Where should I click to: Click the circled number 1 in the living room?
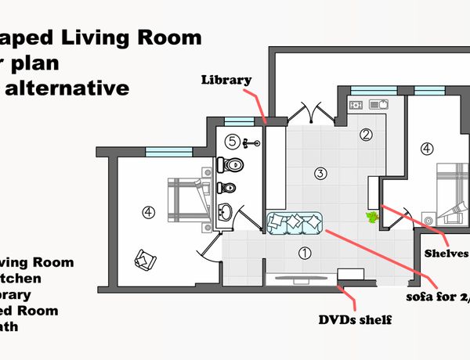[305, 253]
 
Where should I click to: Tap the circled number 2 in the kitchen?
[366, 134]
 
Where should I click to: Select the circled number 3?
[320, 173]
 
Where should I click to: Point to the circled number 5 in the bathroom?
[231, 142]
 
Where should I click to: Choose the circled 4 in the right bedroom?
[426, 148]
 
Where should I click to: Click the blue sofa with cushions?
[294, 222]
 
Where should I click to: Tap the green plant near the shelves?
[371, 216]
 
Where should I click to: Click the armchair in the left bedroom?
[146, 257]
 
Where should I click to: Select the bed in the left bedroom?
[189, 199]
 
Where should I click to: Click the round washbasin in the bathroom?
[226, 211]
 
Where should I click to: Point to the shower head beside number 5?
[250, 143]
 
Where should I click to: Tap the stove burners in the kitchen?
[356, 104]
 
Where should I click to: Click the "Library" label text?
[226, 80]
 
